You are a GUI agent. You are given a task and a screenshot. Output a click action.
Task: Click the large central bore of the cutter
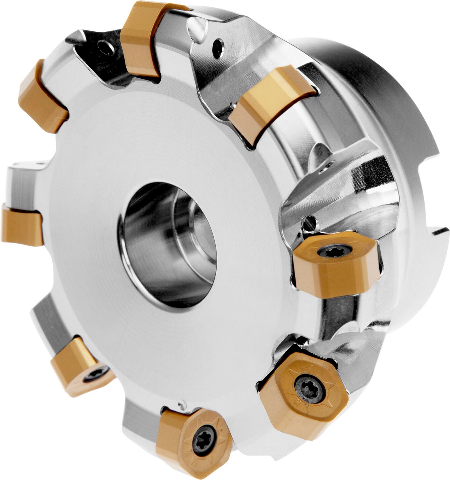tap(168, 245)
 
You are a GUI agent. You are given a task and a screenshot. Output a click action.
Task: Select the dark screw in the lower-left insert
tap(95, 374)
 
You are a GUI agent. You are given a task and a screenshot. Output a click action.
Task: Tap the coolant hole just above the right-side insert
tap(310, 221)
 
